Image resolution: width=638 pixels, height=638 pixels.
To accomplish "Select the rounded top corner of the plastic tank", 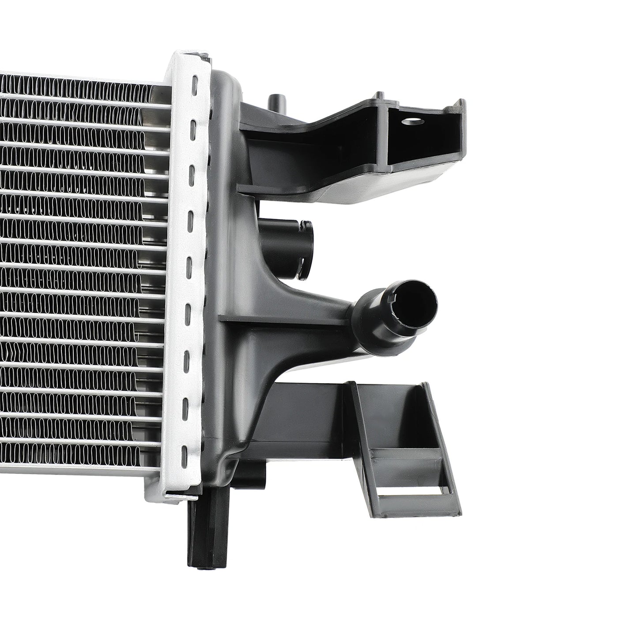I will tap(230, 82).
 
